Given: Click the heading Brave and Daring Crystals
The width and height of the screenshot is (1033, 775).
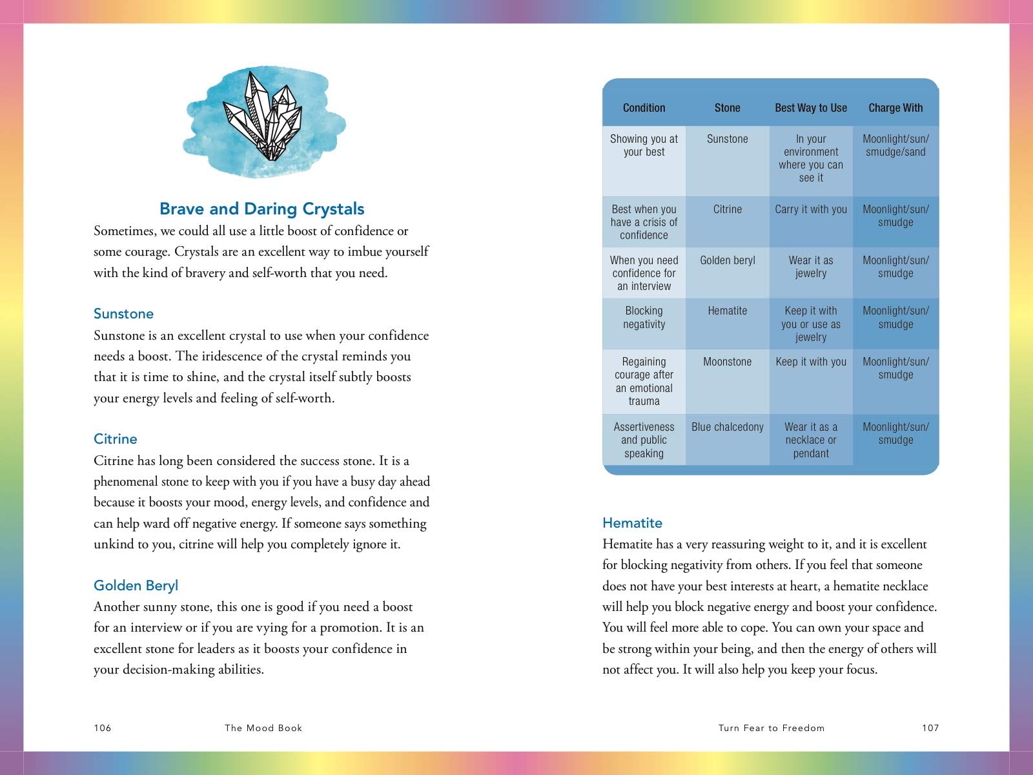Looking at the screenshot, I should [x=261, y=209].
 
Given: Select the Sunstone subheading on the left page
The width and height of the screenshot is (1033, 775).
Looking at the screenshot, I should [x=123, y=314].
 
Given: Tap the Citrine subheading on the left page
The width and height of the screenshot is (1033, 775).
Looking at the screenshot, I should [x=116, y=439].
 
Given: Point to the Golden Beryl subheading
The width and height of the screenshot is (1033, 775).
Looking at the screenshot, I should [x=136, y=586].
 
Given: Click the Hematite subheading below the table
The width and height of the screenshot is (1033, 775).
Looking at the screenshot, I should [x=632, y=523].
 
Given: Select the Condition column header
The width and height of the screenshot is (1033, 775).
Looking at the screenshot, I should [x=644, y=108].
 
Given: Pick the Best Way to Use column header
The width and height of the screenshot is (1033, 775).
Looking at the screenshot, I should [x=811, y=108].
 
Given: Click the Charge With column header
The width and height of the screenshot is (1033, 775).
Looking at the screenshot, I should [x=895, y=108].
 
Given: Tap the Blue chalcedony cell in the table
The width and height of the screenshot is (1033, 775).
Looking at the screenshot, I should [x=727, y=427].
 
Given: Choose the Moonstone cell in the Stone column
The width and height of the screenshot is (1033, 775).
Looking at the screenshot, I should [x=727, y=362].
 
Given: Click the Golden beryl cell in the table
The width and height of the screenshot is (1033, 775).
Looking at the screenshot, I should [x=727, y=260].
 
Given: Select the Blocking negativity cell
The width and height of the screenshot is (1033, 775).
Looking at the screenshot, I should [x=644, y=317].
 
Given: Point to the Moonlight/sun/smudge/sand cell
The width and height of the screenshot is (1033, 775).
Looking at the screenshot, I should [x=895, y=145].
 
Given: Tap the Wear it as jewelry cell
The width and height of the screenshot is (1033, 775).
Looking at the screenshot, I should [x=811, y=267].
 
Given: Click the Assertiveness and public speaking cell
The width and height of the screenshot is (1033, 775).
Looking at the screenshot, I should [x=644, y=440].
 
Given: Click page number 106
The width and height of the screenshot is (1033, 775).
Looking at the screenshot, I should [x=103, y=728].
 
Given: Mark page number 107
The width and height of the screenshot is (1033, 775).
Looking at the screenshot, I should [x=930, y=728].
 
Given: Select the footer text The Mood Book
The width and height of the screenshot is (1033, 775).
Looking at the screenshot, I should [x=263, y=728].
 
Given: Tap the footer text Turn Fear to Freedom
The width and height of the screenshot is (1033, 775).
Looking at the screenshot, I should [x=772, y=728].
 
